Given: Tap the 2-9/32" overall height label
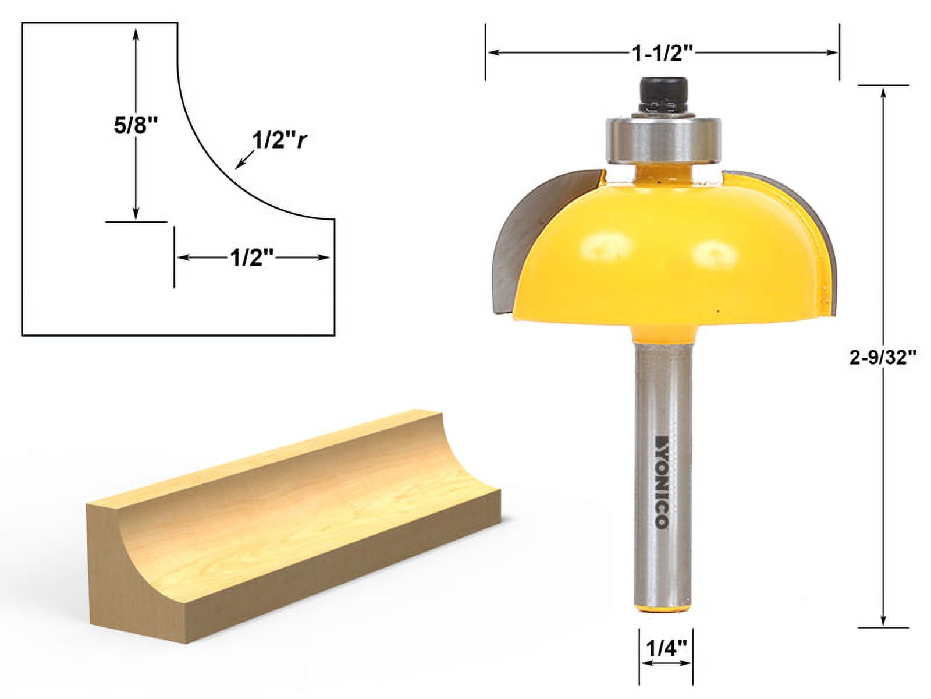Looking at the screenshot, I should pos(883,358).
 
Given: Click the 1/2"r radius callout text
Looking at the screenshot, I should pos(279,140).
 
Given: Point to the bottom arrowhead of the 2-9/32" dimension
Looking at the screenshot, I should pos(884,621).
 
